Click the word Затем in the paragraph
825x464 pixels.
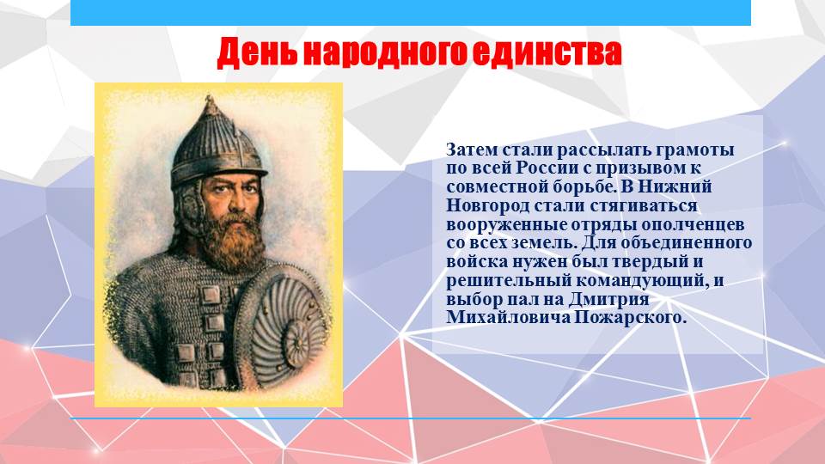[x=472, y=150]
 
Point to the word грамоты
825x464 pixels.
[x=694, y=150]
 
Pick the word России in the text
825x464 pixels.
[x=544, y=168]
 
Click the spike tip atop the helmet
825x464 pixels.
[x=211, y=97]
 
